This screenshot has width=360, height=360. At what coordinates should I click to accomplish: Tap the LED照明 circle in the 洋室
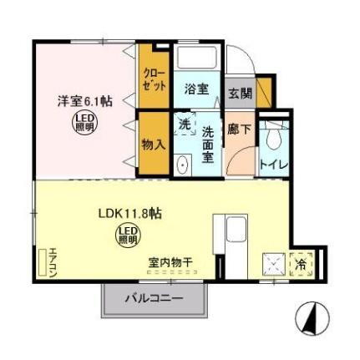click(x=84, y=124)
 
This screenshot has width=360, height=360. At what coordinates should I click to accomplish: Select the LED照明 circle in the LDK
click(x=126, y=235)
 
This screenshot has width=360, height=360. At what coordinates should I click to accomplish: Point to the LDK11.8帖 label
click(x=126, y=213)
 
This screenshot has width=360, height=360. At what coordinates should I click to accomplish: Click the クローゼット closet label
click(x=154, y=80)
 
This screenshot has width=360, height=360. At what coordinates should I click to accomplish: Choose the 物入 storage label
click(x=153, y=144)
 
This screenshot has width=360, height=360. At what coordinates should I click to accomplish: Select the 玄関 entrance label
click(x=239, y=93)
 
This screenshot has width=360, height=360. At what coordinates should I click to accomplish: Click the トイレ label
click(x=273, y=165)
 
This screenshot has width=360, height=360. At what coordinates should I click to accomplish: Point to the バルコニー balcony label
click(x=155, y=298)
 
